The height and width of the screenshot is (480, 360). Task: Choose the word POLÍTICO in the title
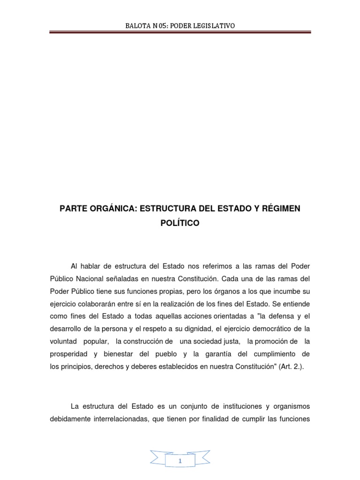(x=180, y=224)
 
